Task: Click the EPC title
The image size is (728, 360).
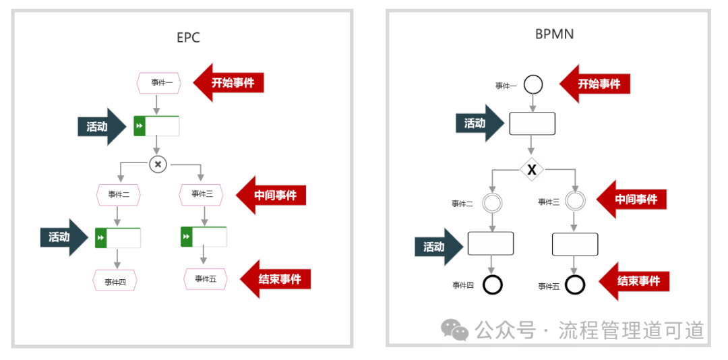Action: pyautogui.click(x=188, y=38)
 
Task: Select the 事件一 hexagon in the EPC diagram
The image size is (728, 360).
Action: pyautogui.click(x=158, y=83)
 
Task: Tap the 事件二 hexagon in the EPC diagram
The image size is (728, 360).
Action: pyautogui.click(x=118, y=195)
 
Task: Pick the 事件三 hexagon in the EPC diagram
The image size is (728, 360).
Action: pyautogui.click(x=201, y=194)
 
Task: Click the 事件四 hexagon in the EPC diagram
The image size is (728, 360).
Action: pyautogui.click(x=115, y=280)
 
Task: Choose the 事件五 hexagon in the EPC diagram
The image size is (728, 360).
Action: pyautogui.click(x=206, y=279)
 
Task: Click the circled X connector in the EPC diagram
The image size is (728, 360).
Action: pyautogui.click(x=158, y=164)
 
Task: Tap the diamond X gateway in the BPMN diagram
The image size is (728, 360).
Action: pyautogui.click(x=531, y=170)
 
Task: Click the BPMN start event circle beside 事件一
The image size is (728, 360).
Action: pyautogui.click(x=533, y=85)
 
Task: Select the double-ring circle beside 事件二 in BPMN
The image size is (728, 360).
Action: pyautogui.click(x=492, y=202)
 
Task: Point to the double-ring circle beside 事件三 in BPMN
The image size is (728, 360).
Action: pyautogui.click(x=575, y=201)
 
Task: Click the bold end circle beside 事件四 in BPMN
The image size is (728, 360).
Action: pyautogui.click(x=493, y=285)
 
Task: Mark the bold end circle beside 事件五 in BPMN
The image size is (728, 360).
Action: pyautogui.click(x=575, y=285)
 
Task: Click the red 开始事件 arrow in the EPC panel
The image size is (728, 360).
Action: pyautogui.click(x=229, y=83)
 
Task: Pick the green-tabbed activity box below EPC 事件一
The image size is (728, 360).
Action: pyautogui.click(x=157, y=126)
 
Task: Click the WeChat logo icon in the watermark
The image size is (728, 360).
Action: pyautogui.click(x=454, y=330)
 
